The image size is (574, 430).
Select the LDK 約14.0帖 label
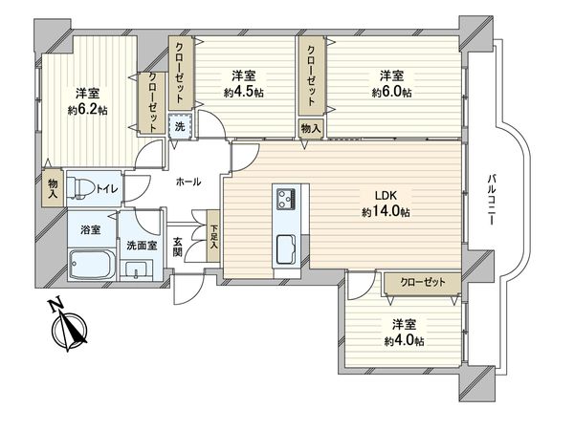(385, 203)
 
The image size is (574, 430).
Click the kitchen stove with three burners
(287, 200)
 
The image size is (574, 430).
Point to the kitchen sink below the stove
(287, 252)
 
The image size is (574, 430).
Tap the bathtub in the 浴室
(91, 262)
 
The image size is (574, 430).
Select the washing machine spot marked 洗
(180, 125)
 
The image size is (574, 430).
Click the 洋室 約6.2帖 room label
(87, 101)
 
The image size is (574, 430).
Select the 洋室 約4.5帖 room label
(244, 83)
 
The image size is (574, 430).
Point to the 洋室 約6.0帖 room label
(391, 83)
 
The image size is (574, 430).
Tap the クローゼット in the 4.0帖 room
(421, 282)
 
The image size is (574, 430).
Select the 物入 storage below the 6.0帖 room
(311, 126)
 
